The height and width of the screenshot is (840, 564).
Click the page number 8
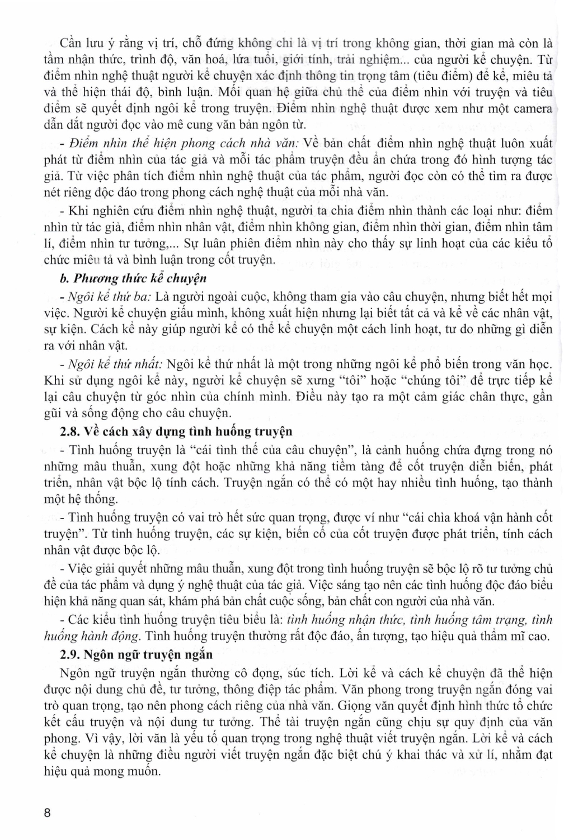pyautogui.click(x=48, y=813)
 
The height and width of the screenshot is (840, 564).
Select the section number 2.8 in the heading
pyautogui.click(x=71, y=432)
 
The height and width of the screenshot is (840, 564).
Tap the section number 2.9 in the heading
pyautogui.click(x=71, y=654)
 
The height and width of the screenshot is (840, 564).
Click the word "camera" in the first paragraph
pyautogui.click(x=532, y=108)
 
